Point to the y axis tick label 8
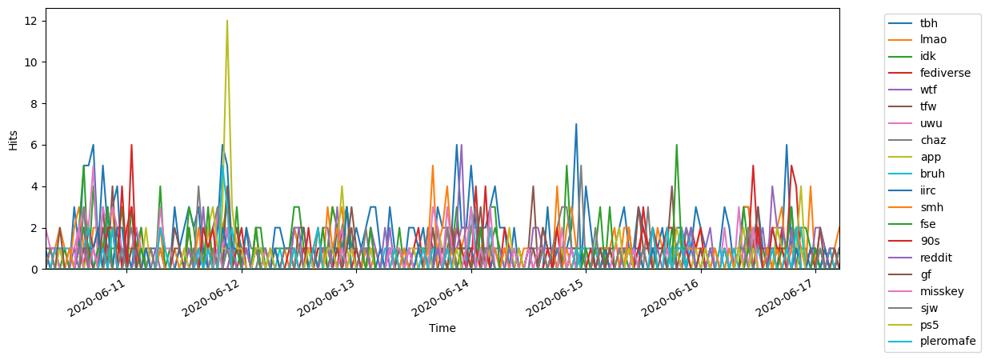(36, 104)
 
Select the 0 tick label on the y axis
(36, 270)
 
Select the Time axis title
(442, 328)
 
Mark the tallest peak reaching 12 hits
(227, 21)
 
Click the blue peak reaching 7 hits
(575, 125)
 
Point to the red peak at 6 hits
(131, 146)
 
